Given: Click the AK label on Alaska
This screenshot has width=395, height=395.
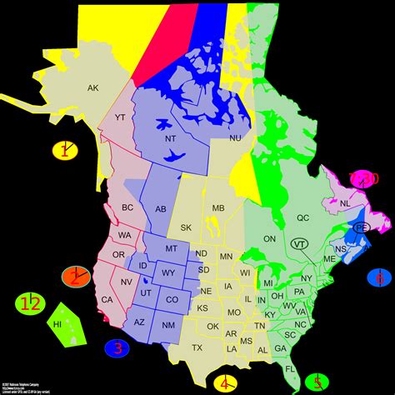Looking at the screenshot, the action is pos(93,87).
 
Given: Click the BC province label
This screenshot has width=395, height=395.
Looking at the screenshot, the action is pos(127,207).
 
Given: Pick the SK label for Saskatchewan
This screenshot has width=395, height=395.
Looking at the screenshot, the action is pos(185,227).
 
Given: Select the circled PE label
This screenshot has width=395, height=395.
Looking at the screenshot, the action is pos(362,227).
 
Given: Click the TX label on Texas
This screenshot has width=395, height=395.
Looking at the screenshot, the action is pos(197,347).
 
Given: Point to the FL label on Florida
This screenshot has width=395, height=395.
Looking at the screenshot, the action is pos(288,368).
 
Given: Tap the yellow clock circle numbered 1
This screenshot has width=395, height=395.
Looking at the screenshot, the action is pos(64,151).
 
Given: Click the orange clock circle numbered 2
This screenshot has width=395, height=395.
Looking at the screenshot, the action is pos(76,277).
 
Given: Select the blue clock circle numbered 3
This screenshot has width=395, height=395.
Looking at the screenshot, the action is pos(117,348).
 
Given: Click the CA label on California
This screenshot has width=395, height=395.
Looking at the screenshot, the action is pos(107,300).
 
